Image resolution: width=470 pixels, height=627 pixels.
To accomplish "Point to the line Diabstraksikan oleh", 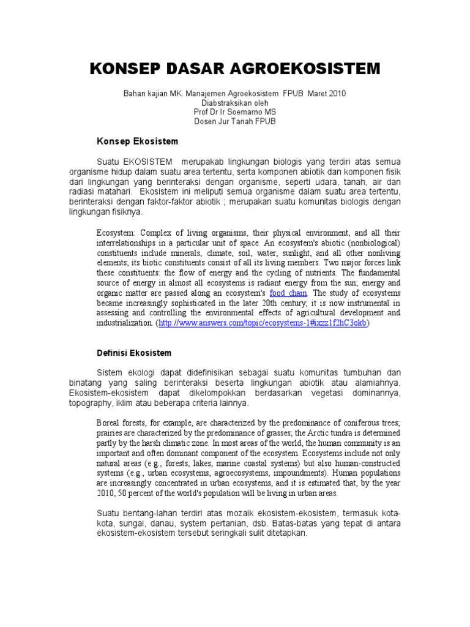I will tap(235, 103).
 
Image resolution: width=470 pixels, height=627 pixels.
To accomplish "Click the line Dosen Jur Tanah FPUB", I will tap(235, 121).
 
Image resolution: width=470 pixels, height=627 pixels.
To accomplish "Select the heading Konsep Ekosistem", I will tap(137, 141).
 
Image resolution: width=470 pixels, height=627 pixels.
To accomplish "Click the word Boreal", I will tap(111, 424).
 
